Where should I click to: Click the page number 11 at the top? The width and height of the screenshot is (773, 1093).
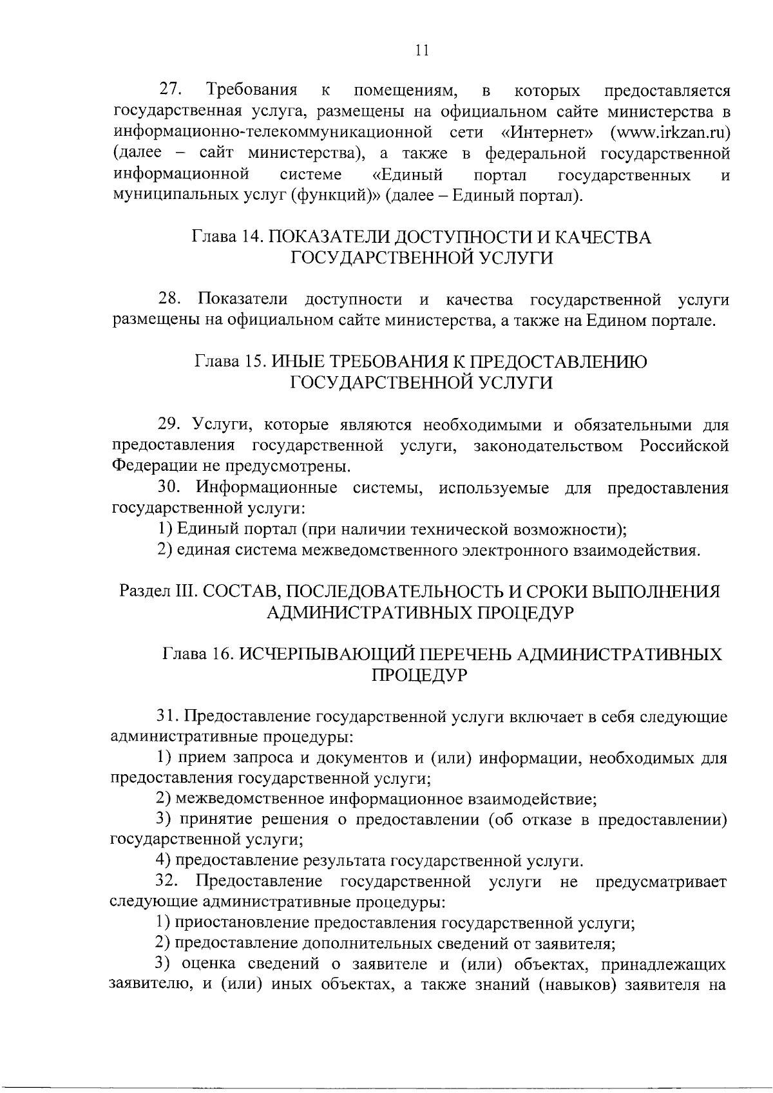(x=423, y=51)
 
